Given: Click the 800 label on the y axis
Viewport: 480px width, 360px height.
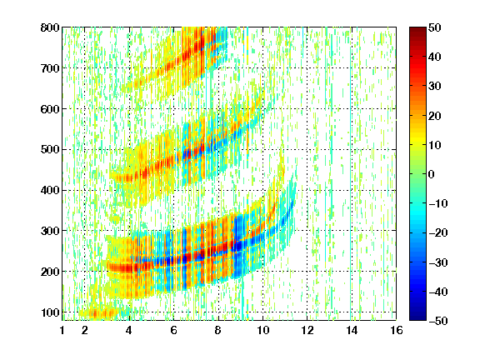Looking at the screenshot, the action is pos(50,27).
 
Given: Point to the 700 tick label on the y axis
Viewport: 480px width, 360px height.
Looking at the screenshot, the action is pos(50,68).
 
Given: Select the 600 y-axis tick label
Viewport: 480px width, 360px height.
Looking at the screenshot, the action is pos(50,109).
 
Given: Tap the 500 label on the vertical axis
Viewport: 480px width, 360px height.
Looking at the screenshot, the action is pos(50,150).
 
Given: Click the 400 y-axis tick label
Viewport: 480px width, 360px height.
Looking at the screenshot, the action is pos(50,190).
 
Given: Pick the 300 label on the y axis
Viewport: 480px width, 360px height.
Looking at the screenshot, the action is pos(50,231).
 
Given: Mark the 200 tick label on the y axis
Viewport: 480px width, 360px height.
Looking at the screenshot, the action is pos(50,272).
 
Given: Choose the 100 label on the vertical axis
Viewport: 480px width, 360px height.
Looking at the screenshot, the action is pos(50,312).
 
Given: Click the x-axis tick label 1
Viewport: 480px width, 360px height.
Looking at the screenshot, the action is pos(62,330).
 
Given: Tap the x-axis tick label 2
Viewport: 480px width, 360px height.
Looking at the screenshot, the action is pos(85,330).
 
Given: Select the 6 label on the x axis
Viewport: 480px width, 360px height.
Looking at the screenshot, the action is pos(173,330).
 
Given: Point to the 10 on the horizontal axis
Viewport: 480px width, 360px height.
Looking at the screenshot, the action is pos(262,330).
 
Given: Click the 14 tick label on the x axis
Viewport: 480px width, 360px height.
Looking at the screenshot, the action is pos(352,330).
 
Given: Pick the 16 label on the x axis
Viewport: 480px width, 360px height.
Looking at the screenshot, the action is pos(397,330).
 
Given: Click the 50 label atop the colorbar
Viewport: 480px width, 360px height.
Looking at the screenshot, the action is pos(434,27).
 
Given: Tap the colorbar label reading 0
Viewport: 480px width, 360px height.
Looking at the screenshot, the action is pos(432,174).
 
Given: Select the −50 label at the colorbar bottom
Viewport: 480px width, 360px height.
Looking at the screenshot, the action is pos(438,321).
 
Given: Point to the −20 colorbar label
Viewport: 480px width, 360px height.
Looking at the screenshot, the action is pos(438,233).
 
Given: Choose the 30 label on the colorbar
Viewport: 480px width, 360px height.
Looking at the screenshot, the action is pos(434,87).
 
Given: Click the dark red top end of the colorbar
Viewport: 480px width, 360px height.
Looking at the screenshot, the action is pos(417,29).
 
